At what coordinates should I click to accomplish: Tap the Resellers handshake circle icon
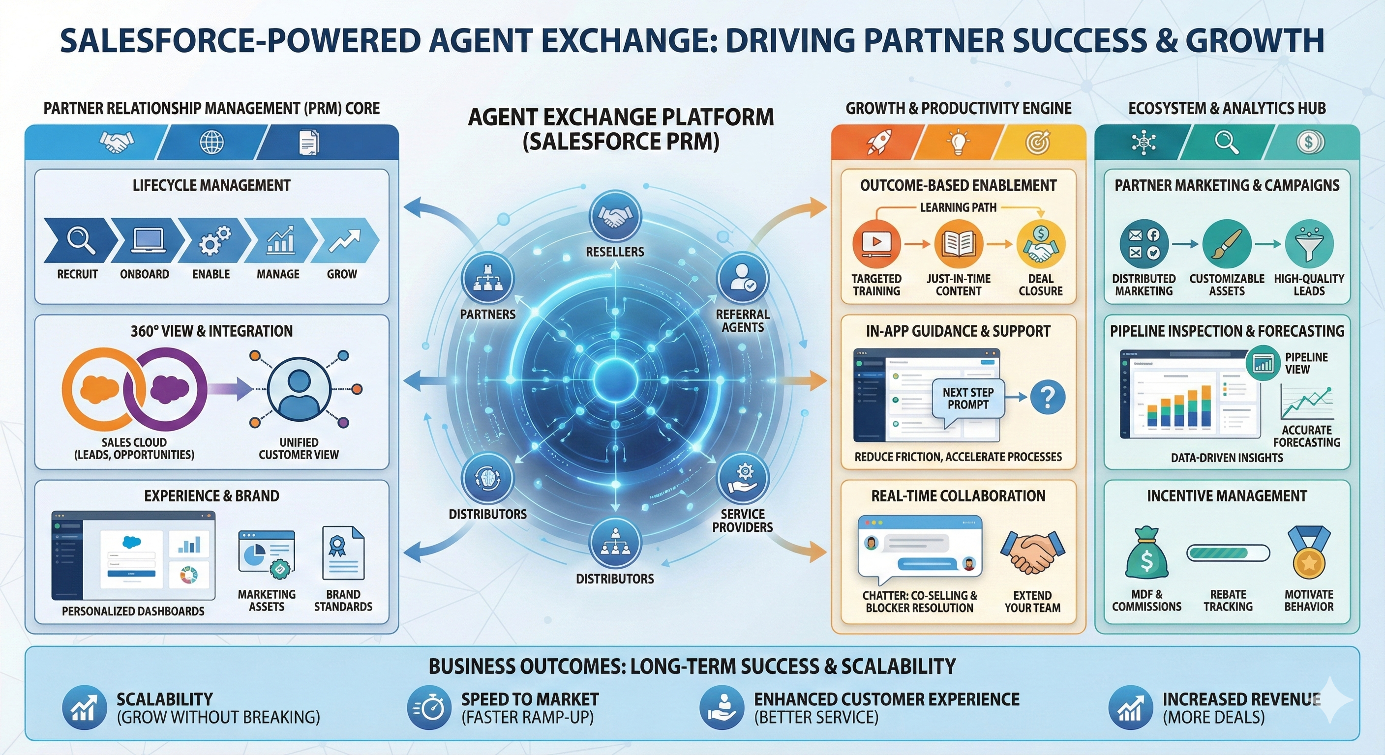click(x=615, y=217)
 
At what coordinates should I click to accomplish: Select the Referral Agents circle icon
click(x=743, y=278)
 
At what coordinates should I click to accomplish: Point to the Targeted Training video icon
click(x=876, y=243)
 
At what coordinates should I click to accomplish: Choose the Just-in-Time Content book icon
click(x=959, y=243)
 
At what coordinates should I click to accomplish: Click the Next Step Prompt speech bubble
click(x=968, y=399)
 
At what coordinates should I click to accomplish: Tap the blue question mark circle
click(x=1047, y=397)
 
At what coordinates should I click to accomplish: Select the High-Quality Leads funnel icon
click(x=1309, y=244)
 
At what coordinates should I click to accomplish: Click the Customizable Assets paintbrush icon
click(x=1227, y=244)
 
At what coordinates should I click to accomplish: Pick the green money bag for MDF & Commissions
click(x=1146, y=553)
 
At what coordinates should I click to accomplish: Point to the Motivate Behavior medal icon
click(x=1309, y=553)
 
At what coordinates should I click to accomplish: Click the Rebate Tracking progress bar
click(x=1228, y=553)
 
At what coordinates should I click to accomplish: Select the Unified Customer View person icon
click(x=299, y=388)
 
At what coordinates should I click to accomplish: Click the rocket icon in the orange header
click(x=878, y=142)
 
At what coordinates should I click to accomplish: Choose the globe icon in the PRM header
click(x=212, y=143)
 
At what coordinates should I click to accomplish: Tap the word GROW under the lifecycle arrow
click(x=342, y=274)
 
